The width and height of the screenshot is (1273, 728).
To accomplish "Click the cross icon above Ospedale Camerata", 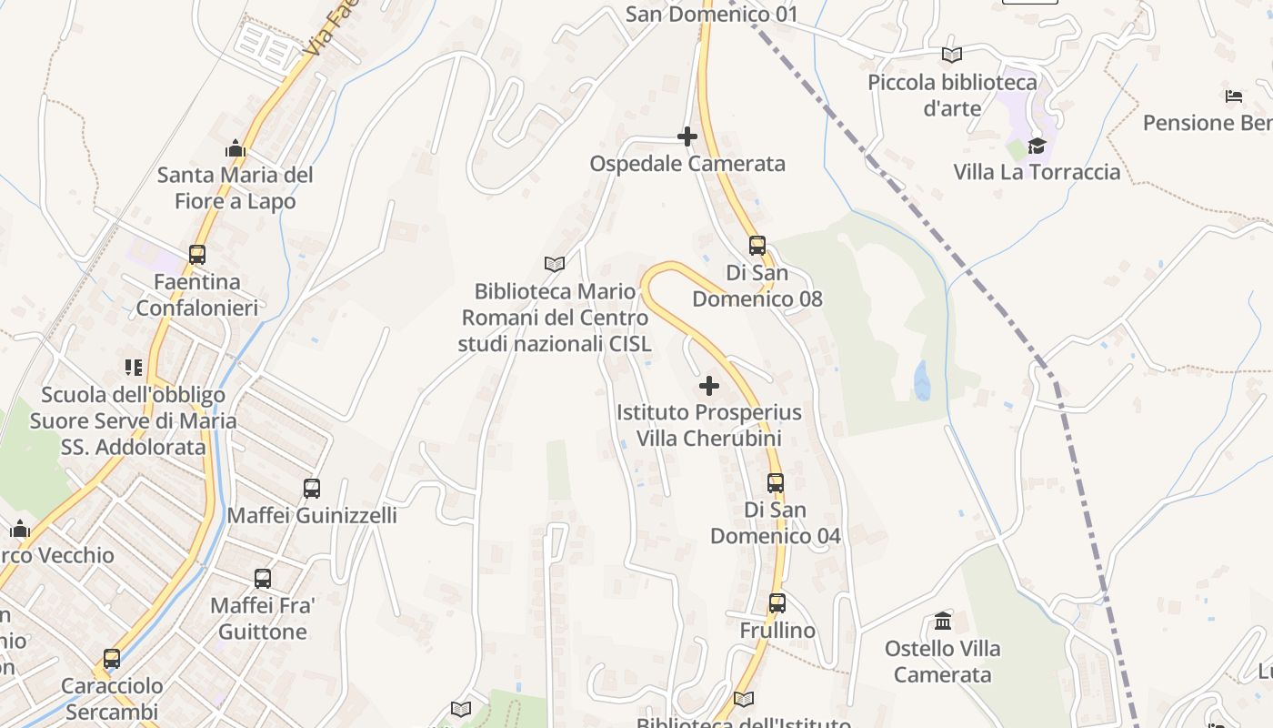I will [687, 136].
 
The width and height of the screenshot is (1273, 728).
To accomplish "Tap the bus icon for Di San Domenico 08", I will [757, 245].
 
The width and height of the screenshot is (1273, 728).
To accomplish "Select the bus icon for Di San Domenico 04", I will [776, 482].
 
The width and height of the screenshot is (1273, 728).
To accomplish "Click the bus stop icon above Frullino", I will [777, 602].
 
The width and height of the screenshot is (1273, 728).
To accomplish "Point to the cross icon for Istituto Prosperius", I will [709, 386].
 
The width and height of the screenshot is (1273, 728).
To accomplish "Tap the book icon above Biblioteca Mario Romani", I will [555, 264].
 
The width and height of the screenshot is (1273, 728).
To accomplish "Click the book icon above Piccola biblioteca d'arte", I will [952, 55].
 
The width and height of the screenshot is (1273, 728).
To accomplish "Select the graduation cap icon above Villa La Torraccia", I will [1037, 146].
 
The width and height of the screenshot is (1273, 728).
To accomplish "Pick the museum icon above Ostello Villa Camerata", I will [944, 622].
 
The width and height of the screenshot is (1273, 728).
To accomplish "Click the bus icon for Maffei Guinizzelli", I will [312, 489].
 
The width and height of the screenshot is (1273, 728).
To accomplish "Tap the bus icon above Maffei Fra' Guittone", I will [263, 578].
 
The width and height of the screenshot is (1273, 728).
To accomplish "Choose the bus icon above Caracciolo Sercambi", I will [112, 658].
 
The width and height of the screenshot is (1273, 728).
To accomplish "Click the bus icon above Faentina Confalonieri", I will [197, 255].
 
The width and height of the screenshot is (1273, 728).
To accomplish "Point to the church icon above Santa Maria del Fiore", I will [236, 147].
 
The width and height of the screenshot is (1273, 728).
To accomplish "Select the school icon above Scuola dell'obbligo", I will [134, 368].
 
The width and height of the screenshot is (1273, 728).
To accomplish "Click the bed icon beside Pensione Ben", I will [1234, 96].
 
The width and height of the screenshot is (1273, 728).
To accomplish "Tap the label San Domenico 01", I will [712, 14].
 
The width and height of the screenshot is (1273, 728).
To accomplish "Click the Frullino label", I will [777, 631].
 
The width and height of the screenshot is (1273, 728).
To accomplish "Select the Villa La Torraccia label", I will [1037, 172].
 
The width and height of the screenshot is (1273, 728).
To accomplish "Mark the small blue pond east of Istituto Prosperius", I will [922, 380].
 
